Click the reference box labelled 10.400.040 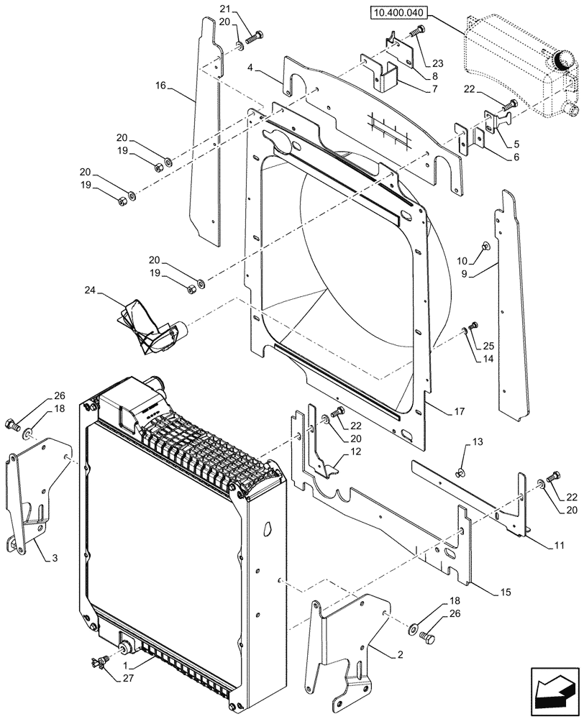click(x=400, y=12)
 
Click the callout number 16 click(x=160, y=86)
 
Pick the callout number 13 click(x=457, y=441)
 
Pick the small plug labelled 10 click(x=486, y=246)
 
